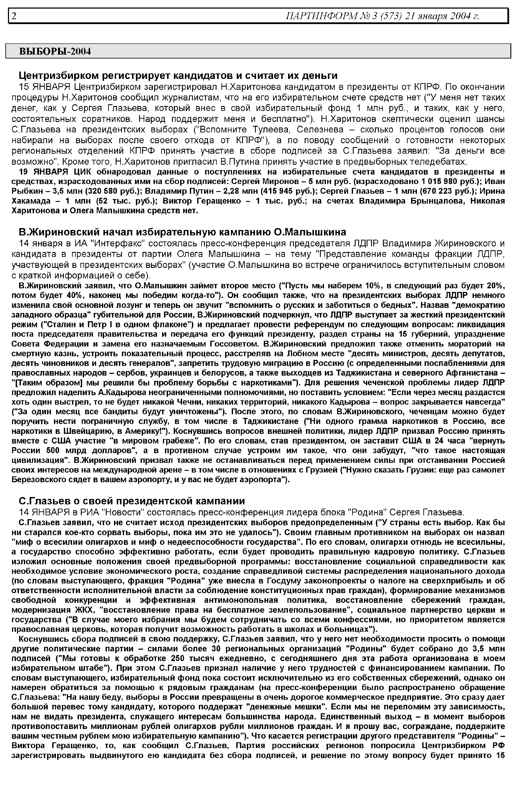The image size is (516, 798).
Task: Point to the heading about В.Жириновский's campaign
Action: point(182,232)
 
